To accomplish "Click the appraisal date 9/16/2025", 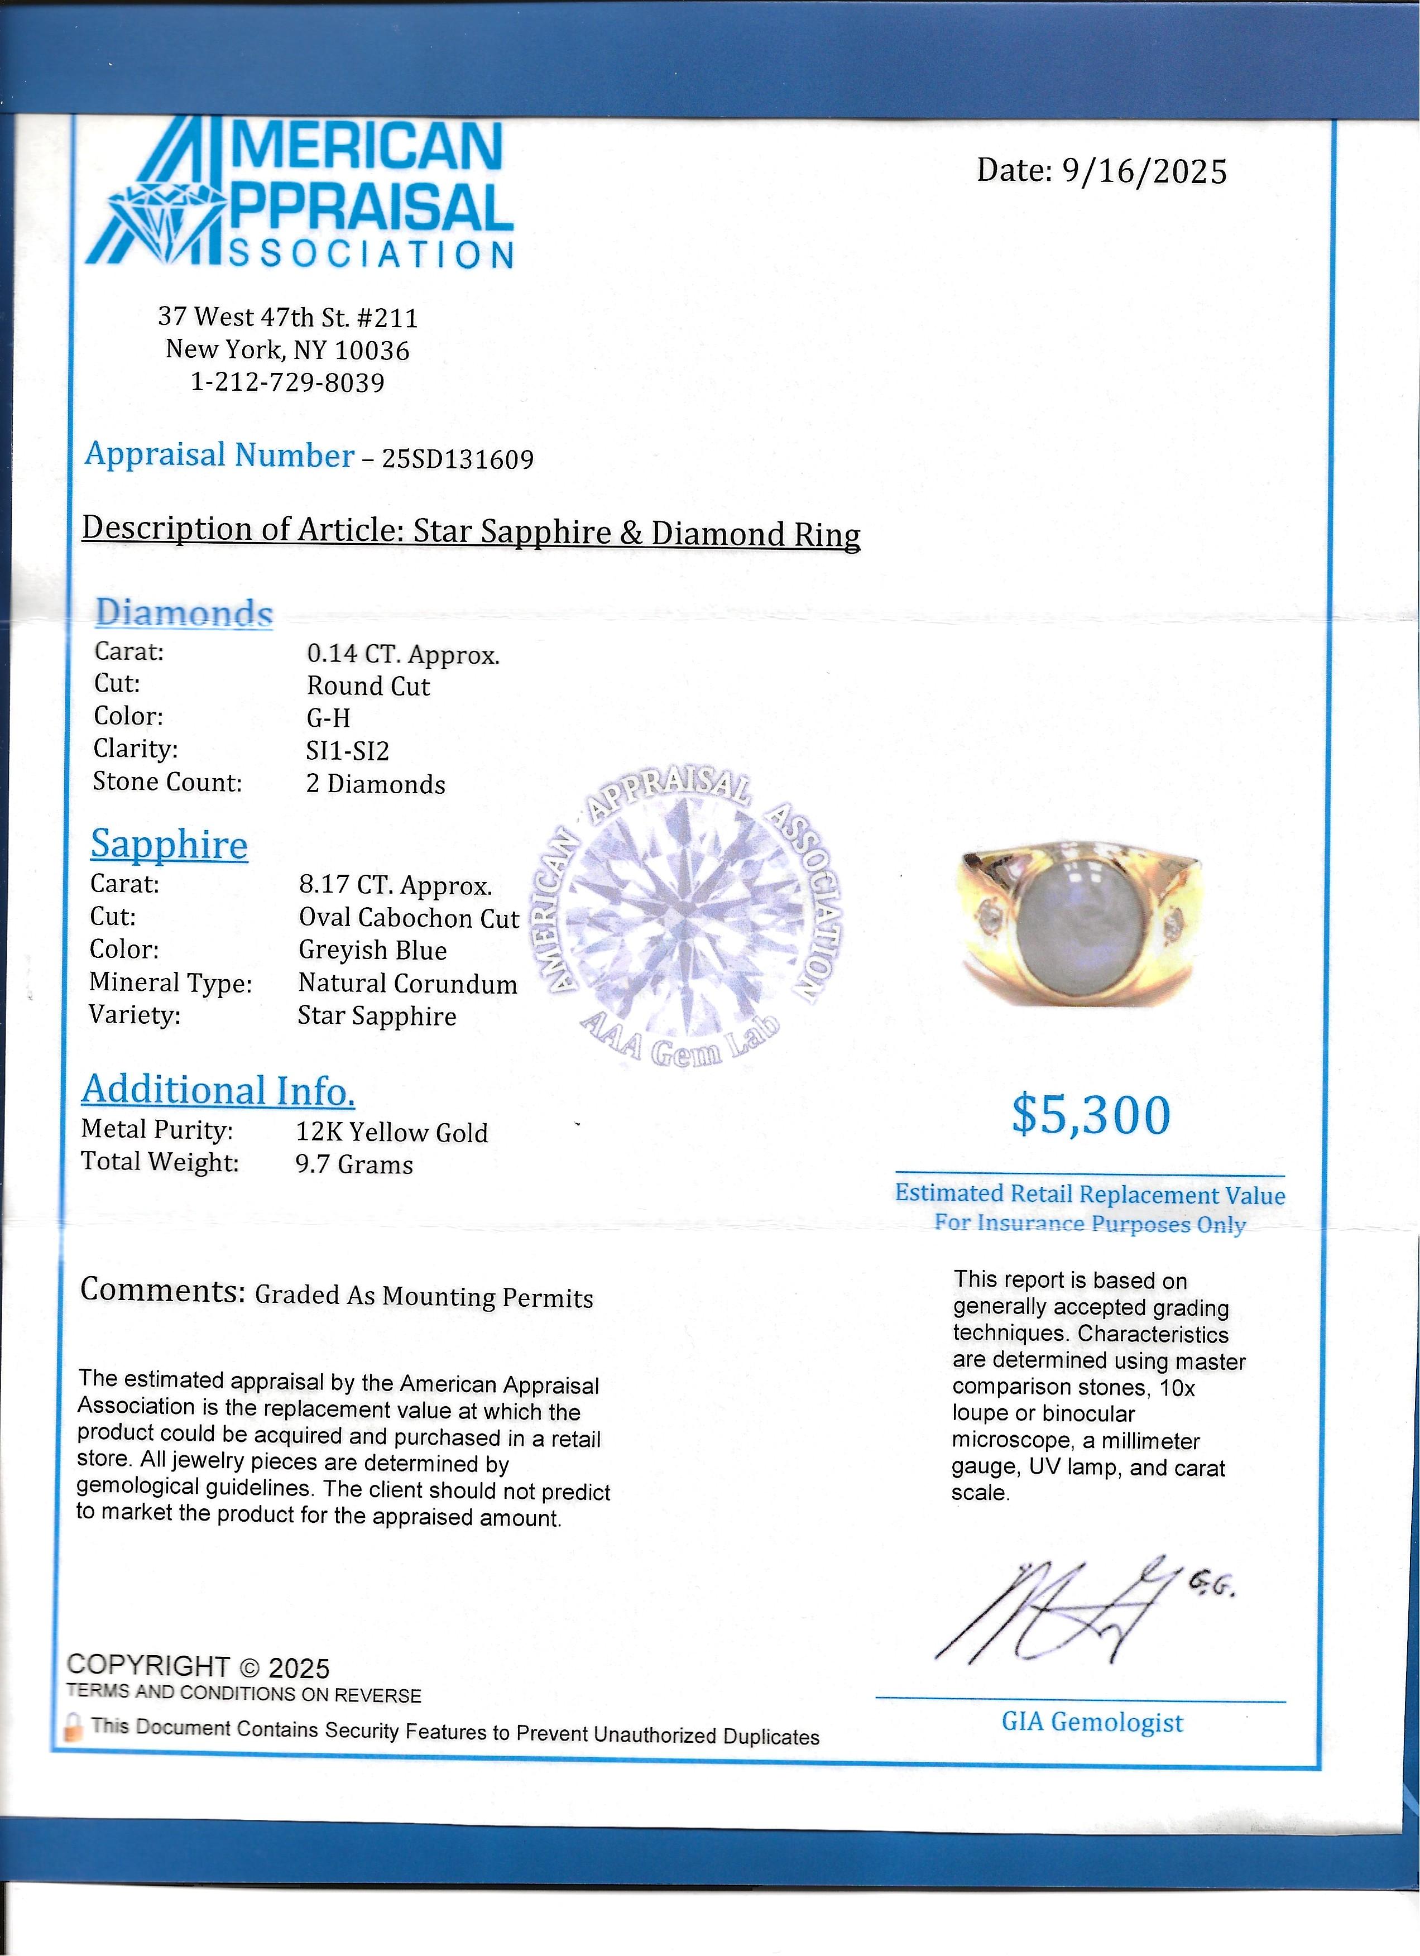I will coord(1143,171).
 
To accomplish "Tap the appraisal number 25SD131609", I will coord(458,459).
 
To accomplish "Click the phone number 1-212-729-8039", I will coord(288,382).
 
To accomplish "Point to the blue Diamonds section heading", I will coord(184,613).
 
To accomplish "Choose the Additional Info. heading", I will coord(218,1090).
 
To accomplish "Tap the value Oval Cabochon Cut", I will coord(409,918).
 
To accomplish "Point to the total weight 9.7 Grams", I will coord(354,1165).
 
